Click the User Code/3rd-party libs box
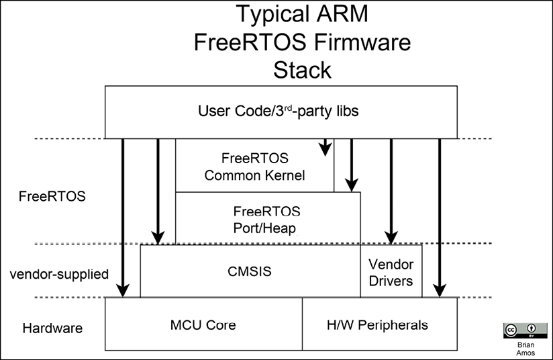click(279, 111)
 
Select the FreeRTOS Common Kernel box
click(254, 167)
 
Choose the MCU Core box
click(203, 324)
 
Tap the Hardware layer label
click(52, 328)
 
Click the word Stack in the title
click(301, 69)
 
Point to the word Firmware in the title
click(355, 41)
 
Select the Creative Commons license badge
click(519, 330)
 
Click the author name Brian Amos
click(519, 348)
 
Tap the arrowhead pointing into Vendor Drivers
click(391, 237)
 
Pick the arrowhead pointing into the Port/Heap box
click(350, 184)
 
